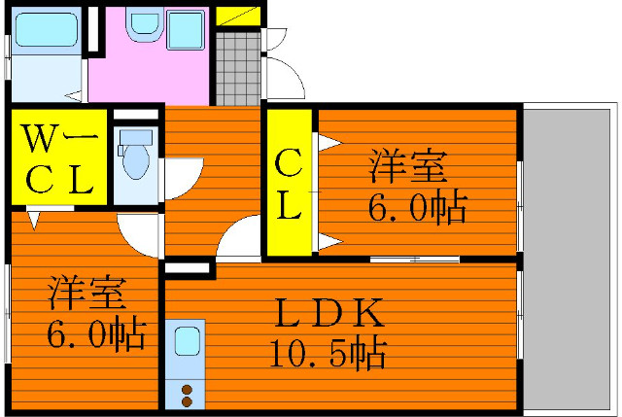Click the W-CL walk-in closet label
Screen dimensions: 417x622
(56, 158)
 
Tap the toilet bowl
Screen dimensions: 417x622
(133, 156)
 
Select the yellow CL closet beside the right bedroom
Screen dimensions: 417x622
(289, 184)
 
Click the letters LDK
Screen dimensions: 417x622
(330, 314)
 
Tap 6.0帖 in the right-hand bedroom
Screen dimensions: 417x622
(416, 207)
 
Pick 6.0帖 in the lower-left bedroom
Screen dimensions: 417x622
(95, 333)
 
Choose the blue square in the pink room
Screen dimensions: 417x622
(184, 29)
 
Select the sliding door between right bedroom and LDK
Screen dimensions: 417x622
(413, 260)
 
